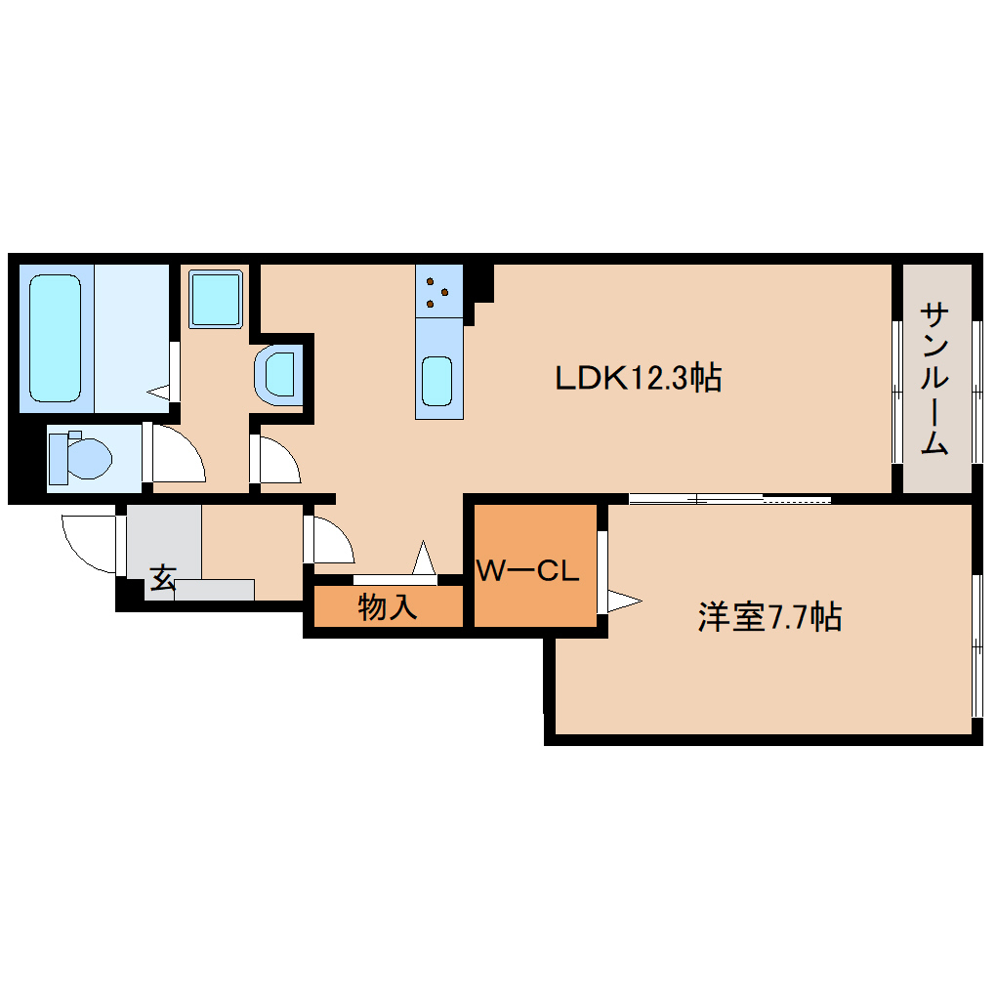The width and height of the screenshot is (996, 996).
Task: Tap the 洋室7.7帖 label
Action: tap(769, 617)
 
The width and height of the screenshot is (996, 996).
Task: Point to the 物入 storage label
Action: tap(388, 607)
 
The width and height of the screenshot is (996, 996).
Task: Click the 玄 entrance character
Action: tap(161, 578)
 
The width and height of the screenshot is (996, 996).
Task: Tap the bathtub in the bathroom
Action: tap(55, 338)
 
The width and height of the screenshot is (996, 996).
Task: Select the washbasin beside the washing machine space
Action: tap(277, 373)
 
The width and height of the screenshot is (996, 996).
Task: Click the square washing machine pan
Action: tap(215, 299)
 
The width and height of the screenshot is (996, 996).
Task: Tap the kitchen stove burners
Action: tap(437, 290)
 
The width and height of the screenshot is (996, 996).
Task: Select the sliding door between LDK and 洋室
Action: tap(728, 500)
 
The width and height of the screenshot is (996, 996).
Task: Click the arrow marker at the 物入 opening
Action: tap(424, 560)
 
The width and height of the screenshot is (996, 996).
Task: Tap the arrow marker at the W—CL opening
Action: tap(622, 600)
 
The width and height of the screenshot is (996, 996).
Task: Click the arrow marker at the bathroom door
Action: tap(159, 392)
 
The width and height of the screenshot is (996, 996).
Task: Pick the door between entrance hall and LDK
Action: tap(328, 539)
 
